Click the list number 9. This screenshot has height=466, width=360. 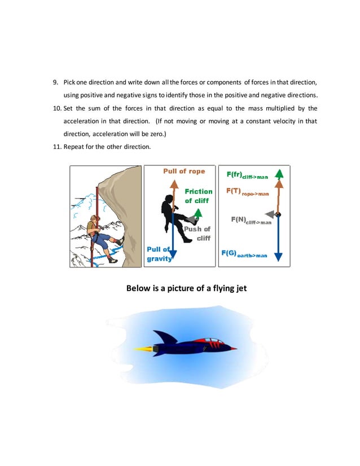click(55, 83)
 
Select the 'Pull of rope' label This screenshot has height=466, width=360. click(184, 172)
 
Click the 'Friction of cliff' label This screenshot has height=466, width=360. click(199, 196)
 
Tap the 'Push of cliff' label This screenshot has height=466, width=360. click(197, 234)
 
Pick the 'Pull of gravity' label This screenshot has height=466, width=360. click(159, 254)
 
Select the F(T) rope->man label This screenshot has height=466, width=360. click(247, 192)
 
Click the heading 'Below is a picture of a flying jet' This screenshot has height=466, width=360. click(186, 288)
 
